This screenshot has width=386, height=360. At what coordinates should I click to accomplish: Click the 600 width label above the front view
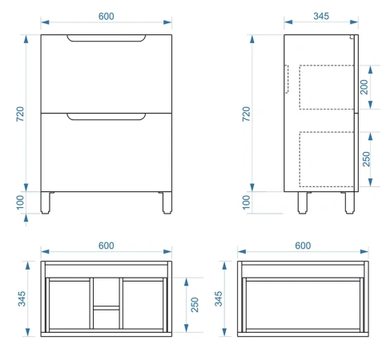point(107,16)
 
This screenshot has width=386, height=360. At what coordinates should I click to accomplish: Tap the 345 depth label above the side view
point(321,16)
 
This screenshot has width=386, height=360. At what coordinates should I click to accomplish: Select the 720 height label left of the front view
point(20,114)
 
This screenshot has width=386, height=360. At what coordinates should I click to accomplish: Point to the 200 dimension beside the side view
point(364,87)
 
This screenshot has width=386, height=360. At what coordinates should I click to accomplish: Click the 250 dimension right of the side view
point(366,159)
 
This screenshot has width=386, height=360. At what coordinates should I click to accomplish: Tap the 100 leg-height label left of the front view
point(20,202)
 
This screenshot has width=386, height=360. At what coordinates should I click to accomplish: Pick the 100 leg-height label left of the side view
point(247,202)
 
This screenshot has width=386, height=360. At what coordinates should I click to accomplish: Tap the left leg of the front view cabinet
point(46,202)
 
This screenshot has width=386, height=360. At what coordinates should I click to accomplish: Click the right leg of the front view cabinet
point(167,202)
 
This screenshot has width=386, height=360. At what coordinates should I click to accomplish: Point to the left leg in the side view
point(303,202)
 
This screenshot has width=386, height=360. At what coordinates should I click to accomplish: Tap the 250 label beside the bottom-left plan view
point(195,305)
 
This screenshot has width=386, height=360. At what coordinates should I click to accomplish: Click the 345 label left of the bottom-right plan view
point(218,298)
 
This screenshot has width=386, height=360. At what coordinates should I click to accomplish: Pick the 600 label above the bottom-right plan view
point(303,246)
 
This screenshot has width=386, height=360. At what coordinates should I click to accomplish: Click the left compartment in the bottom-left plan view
point(70,305)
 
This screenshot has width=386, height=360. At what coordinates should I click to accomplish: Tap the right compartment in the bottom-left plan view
point(143,305)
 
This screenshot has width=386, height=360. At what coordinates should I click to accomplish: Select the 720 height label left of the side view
point(247,114)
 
